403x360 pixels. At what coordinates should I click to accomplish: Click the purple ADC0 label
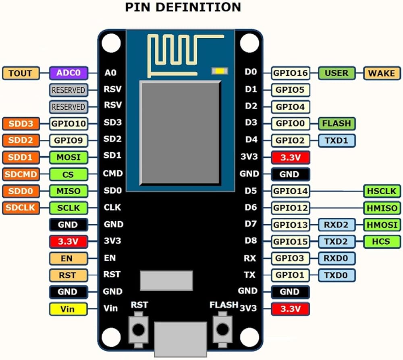(x=69, y=73)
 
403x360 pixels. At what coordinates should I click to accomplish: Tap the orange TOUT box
(x=21, y=73)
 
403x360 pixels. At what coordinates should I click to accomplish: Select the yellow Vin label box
(x=68, y=309)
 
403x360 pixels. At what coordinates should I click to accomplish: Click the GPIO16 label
(x=291, y=73)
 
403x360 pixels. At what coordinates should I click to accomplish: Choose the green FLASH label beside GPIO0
(x=337, y=123)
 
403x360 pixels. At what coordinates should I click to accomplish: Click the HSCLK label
(x=382, y=191)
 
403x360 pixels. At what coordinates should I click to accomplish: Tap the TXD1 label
(x=337, y=140)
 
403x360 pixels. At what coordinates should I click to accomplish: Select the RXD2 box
(x=337, y=225)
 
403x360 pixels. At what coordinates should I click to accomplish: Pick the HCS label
(x=382, y=241)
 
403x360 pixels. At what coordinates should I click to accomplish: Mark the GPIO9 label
(x=68, y=140)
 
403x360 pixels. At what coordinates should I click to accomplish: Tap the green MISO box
(x=68, y=191)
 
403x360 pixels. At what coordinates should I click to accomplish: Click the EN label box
(x=68, y=258)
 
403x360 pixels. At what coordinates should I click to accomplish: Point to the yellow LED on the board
(x=219, y=71)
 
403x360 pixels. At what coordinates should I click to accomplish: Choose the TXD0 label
(x=337, y=275)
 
